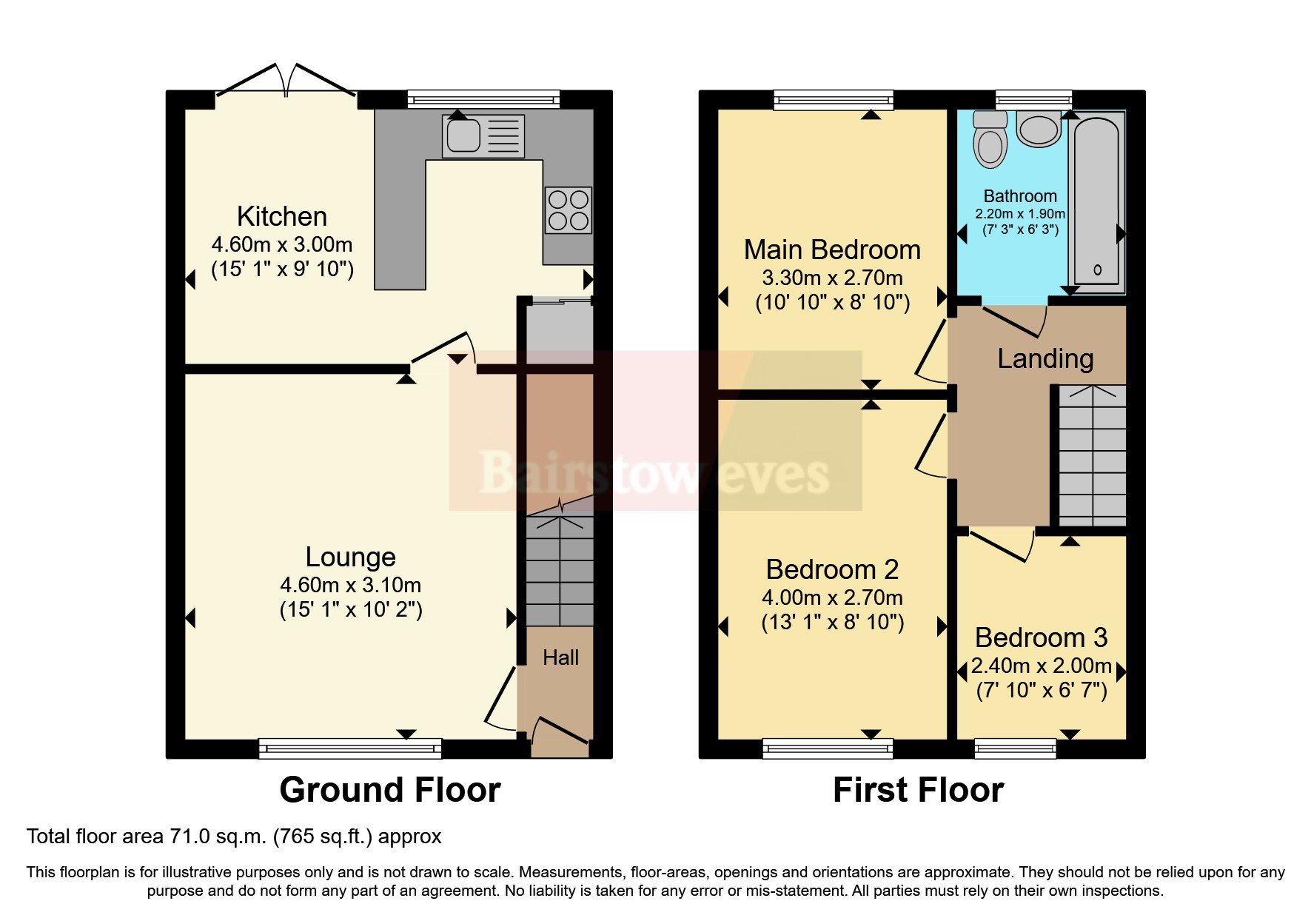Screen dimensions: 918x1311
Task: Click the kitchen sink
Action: point(483,136)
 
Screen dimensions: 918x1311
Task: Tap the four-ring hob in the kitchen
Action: point(568,210)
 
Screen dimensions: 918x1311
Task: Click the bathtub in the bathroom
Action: point(1096,202)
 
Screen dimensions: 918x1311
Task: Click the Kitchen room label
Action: point(282,216)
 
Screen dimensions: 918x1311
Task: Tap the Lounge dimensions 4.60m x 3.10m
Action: point(350,585)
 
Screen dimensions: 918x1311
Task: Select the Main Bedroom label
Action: point(832,250)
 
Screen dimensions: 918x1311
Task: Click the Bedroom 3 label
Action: point(1041,637)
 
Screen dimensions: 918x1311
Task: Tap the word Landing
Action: point(1045,358)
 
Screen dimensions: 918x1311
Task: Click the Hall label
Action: point(560,657)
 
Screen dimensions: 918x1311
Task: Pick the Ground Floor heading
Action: point(390,790)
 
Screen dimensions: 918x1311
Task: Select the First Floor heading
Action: point(918,790)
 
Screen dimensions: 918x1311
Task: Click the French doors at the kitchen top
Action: point(286,81)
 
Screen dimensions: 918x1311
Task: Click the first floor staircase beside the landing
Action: point(1092,455)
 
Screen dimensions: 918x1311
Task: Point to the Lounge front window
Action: point(350,748)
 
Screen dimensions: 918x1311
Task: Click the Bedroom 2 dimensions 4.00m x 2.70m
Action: point(832,597)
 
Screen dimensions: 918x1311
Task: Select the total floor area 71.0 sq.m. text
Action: point(234,837)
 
